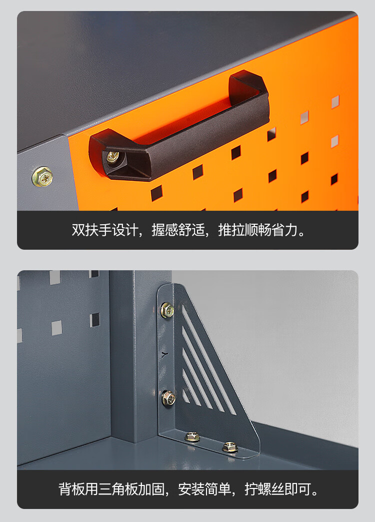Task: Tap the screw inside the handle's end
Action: point(113,157)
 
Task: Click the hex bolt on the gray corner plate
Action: point(42,177)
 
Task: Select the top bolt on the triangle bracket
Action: point(167,310)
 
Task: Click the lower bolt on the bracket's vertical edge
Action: point(168,398)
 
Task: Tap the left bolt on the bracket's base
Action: point(192,436)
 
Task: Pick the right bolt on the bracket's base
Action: point(230,447)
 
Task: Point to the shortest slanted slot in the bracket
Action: point(186,396)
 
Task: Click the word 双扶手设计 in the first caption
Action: point(104,230)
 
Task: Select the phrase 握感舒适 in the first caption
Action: point(178,230)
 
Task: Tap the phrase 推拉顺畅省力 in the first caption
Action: point(257,230)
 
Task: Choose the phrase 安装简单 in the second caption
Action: point(204,489)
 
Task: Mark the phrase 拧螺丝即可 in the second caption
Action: point(277,489)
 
